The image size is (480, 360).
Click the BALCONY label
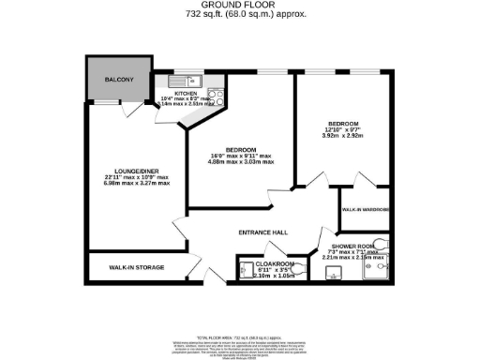pos(119,80)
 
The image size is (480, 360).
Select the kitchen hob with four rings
pos(214,94)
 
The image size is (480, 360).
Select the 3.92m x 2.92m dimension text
pos(342,135)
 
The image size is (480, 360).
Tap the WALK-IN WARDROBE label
pos(365,210)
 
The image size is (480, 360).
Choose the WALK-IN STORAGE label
pos(137,268)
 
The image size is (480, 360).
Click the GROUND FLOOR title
pos(241,5)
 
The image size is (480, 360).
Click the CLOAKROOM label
pos(275,265)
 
